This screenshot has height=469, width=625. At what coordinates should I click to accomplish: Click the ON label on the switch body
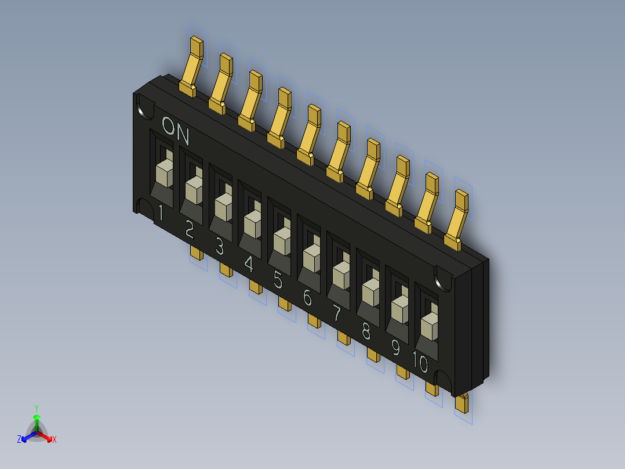click(176, 131)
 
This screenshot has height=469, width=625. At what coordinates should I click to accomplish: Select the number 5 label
click(278, 282)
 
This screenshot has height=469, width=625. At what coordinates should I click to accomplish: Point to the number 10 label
click(420, 364)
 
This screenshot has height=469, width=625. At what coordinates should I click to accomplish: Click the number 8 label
click(366, 331)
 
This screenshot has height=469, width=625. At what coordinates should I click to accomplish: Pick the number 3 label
click(219, 248)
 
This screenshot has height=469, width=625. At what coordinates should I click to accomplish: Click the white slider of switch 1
click(165, 173)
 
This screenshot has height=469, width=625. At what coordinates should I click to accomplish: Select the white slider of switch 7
click(341, 273)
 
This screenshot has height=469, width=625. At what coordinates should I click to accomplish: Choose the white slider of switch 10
click(430, 325)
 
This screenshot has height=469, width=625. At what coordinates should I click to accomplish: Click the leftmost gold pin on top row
click(192, 64)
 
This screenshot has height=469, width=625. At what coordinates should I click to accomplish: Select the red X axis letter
click(54, 439)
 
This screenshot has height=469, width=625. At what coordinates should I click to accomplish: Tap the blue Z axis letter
click(19, 439)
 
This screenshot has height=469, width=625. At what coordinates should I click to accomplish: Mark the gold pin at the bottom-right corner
click(462, 402)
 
